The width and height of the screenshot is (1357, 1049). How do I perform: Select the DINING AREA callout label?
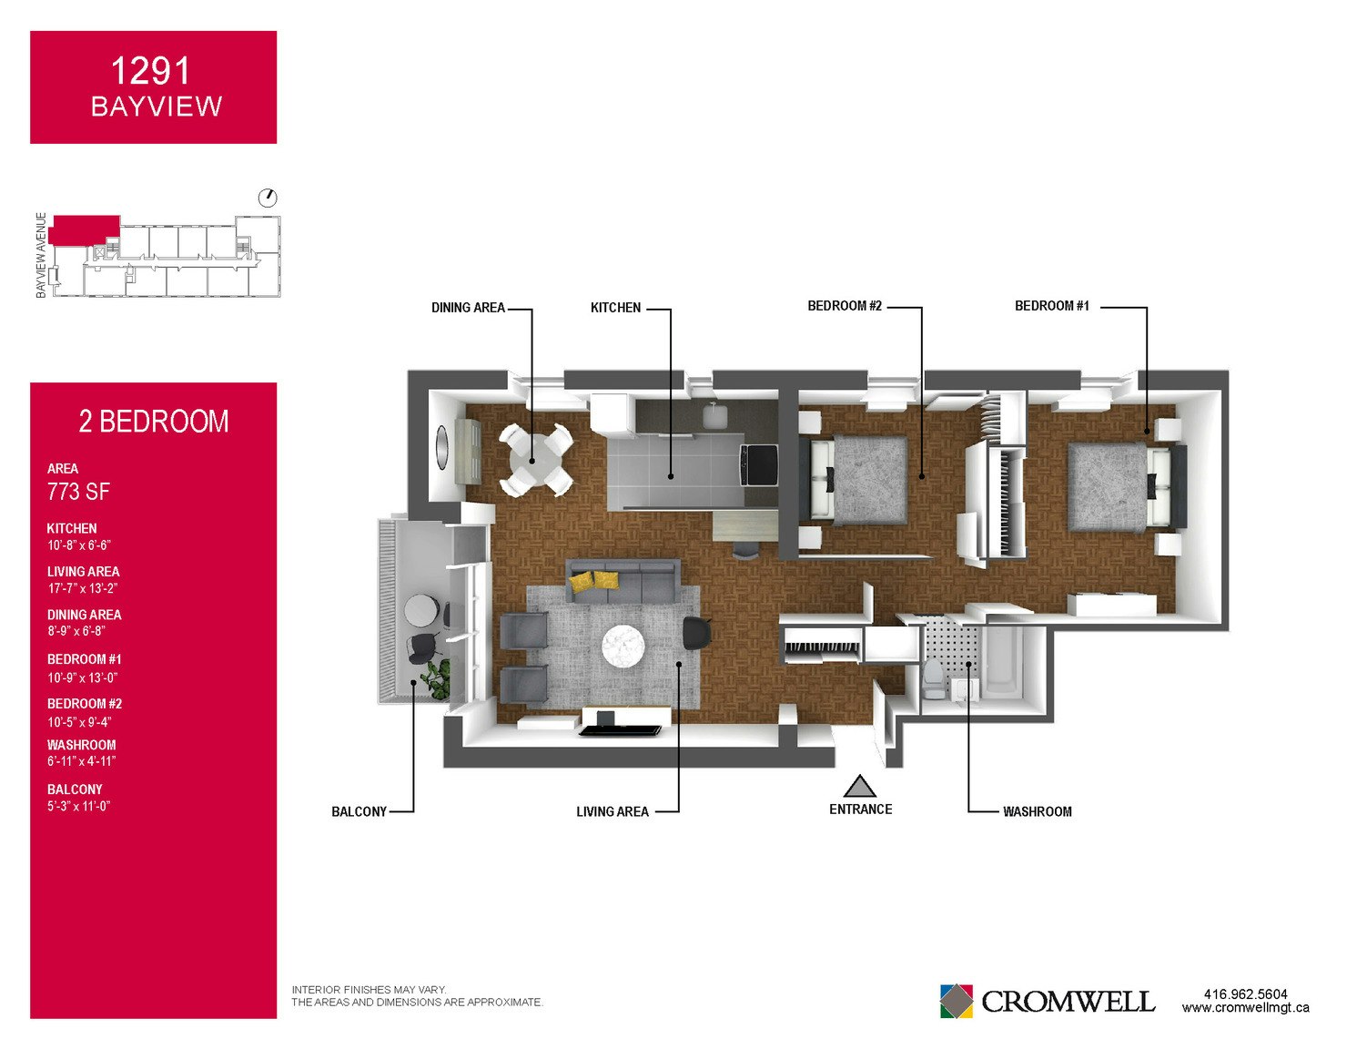pos(468,308)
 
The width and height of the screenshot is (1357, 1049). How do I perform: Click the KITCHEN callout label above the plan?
pos(616,308)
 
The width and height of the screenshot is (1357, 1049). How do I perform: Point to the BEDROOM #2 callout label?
pos(845,306)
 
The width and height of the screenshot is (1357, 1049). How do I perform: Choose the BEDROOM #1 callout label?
pos(1051,306)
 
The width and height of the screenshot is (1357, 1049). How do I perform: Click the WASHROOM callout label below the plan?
pos(1038,811)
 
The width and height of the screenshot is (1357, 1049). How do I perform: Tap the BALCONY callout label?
pos(360,811)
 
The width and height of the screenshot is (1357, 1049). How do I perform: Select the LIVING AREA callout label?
pos(613,811)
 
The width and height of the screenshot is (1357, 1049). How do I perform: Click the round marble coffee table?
pos(623,646)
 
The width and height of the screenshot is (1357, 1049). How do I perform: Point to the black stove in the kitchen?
pos(758,464)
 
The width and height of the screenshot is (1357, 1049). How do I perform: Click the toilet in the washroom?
pos(934,679)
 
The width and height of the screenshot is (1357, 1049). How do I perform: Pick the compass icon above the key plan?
pos(268,198)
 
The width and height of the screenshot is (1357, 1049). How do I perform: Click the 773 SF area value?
pos(78,492)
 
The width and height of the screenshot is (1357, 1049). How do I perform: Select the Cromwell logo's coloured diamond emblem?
pos(956,1001)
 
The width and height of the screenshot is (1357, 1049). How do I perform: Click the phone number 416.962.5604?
pos(1245,994)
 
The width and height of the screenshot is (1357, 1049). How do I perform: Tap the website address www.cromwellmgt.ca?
pos(1245,1008)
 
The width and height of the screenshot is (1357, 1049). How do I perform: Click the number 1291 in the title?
pos(150,71)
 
